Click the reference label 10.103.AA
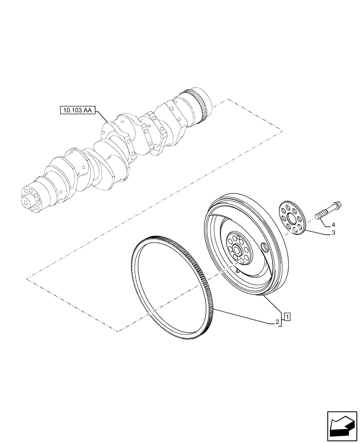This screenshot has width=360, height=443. click(x=77, y=109)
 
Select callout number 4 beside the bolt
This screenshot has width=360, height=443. click(x=333, y=224)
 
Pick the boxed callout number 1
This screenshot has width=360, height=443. click(x=288, y=317)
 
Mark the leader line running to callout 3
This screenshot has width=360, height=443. click(x=317, y=233)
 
